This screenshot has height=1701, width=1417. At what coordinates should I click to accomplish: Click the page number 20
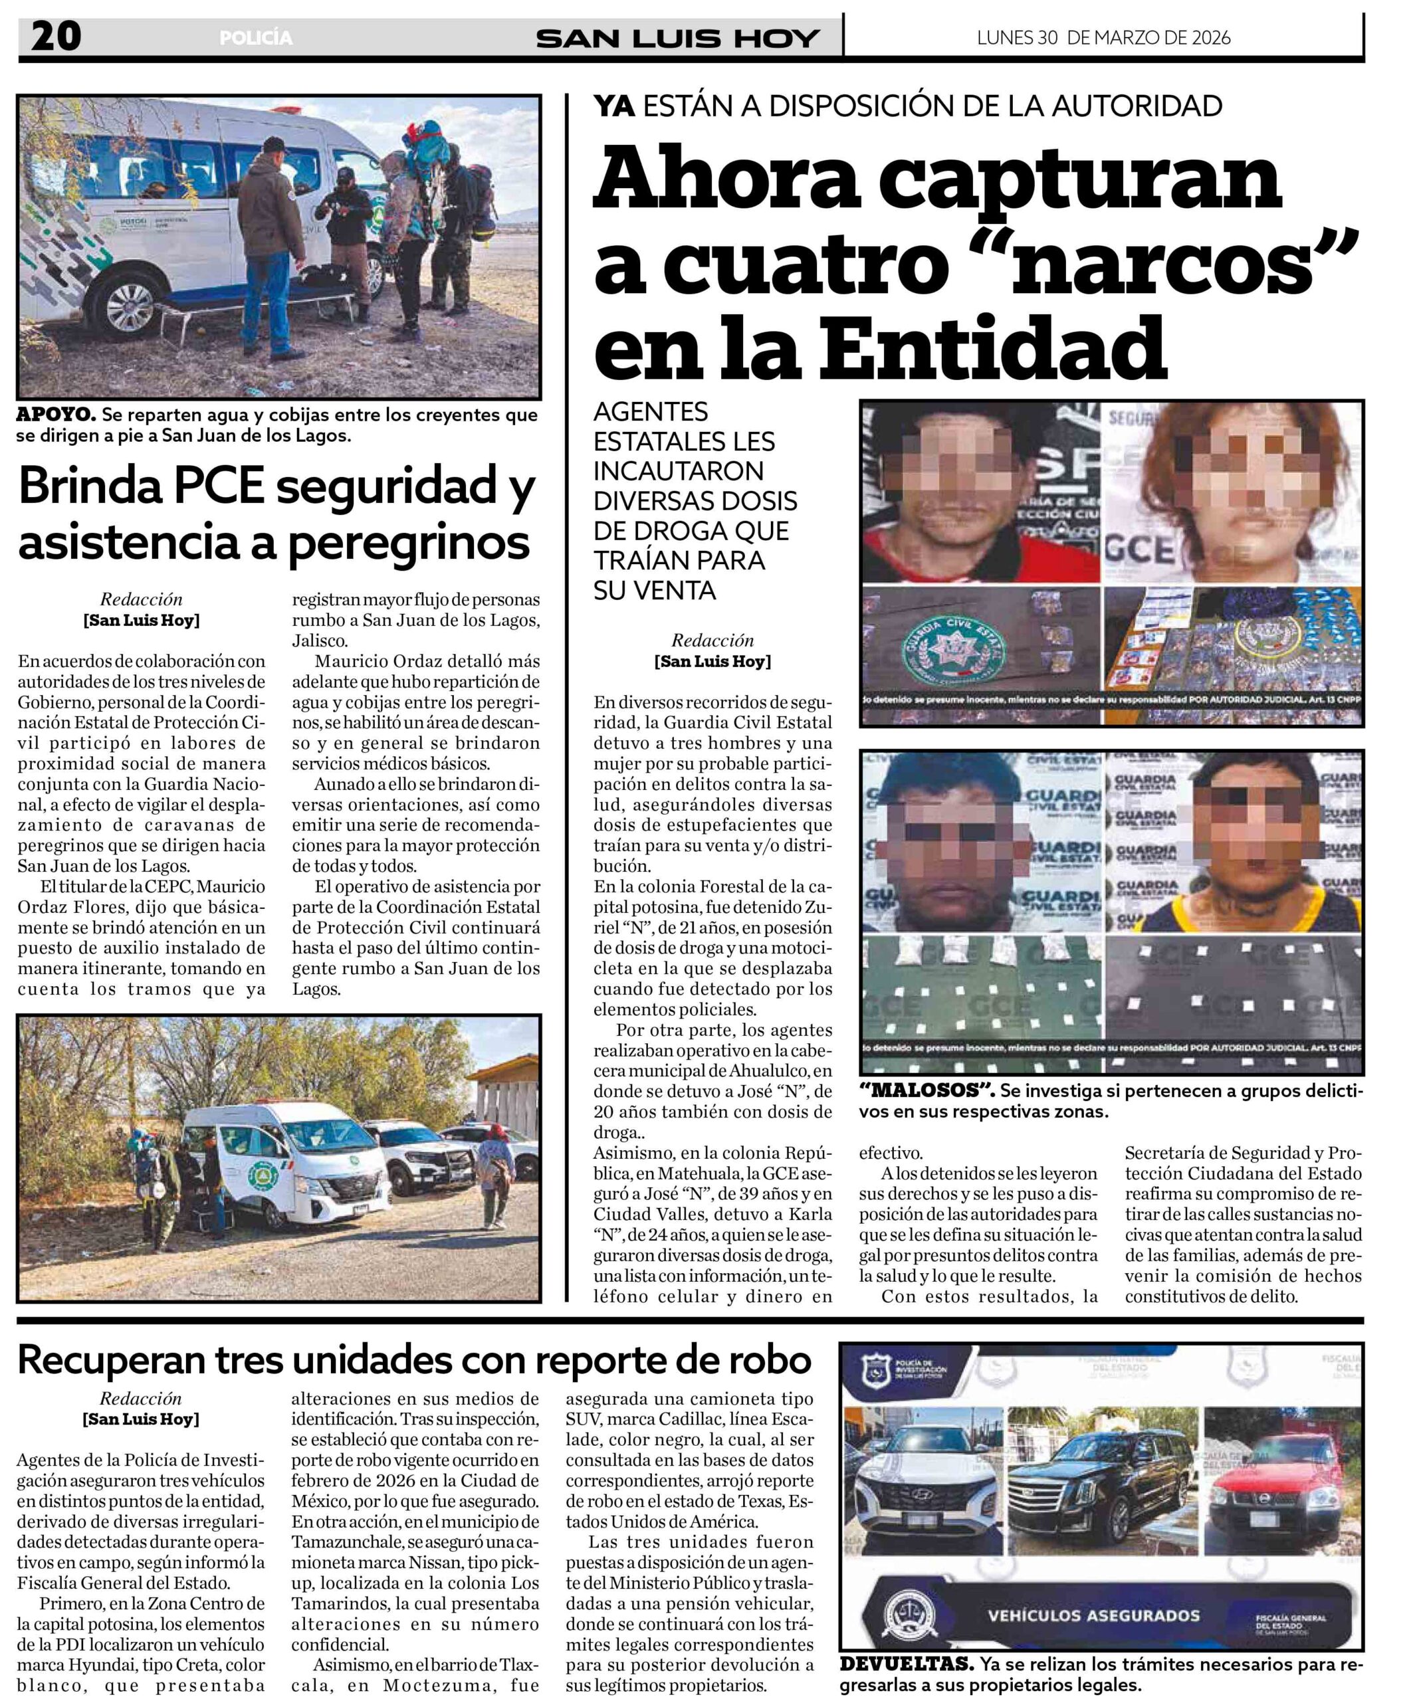coord(56,37)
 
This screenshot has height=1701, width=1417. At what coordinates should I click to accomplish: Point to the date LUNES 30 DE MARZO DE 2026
coord(1103,37)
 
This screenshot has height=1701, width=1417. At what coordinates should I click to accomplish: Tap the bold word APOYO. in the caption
coord(56,415)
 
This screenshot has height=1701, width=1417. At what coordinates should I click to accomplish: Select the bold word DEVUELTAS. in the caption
coord(907,1664)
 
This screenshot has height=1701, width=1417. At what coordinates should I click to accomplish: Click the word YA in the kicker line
coord(613,106)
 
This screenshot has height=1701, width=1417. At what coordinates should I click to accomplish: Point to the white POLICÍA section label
coord(255,38)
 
